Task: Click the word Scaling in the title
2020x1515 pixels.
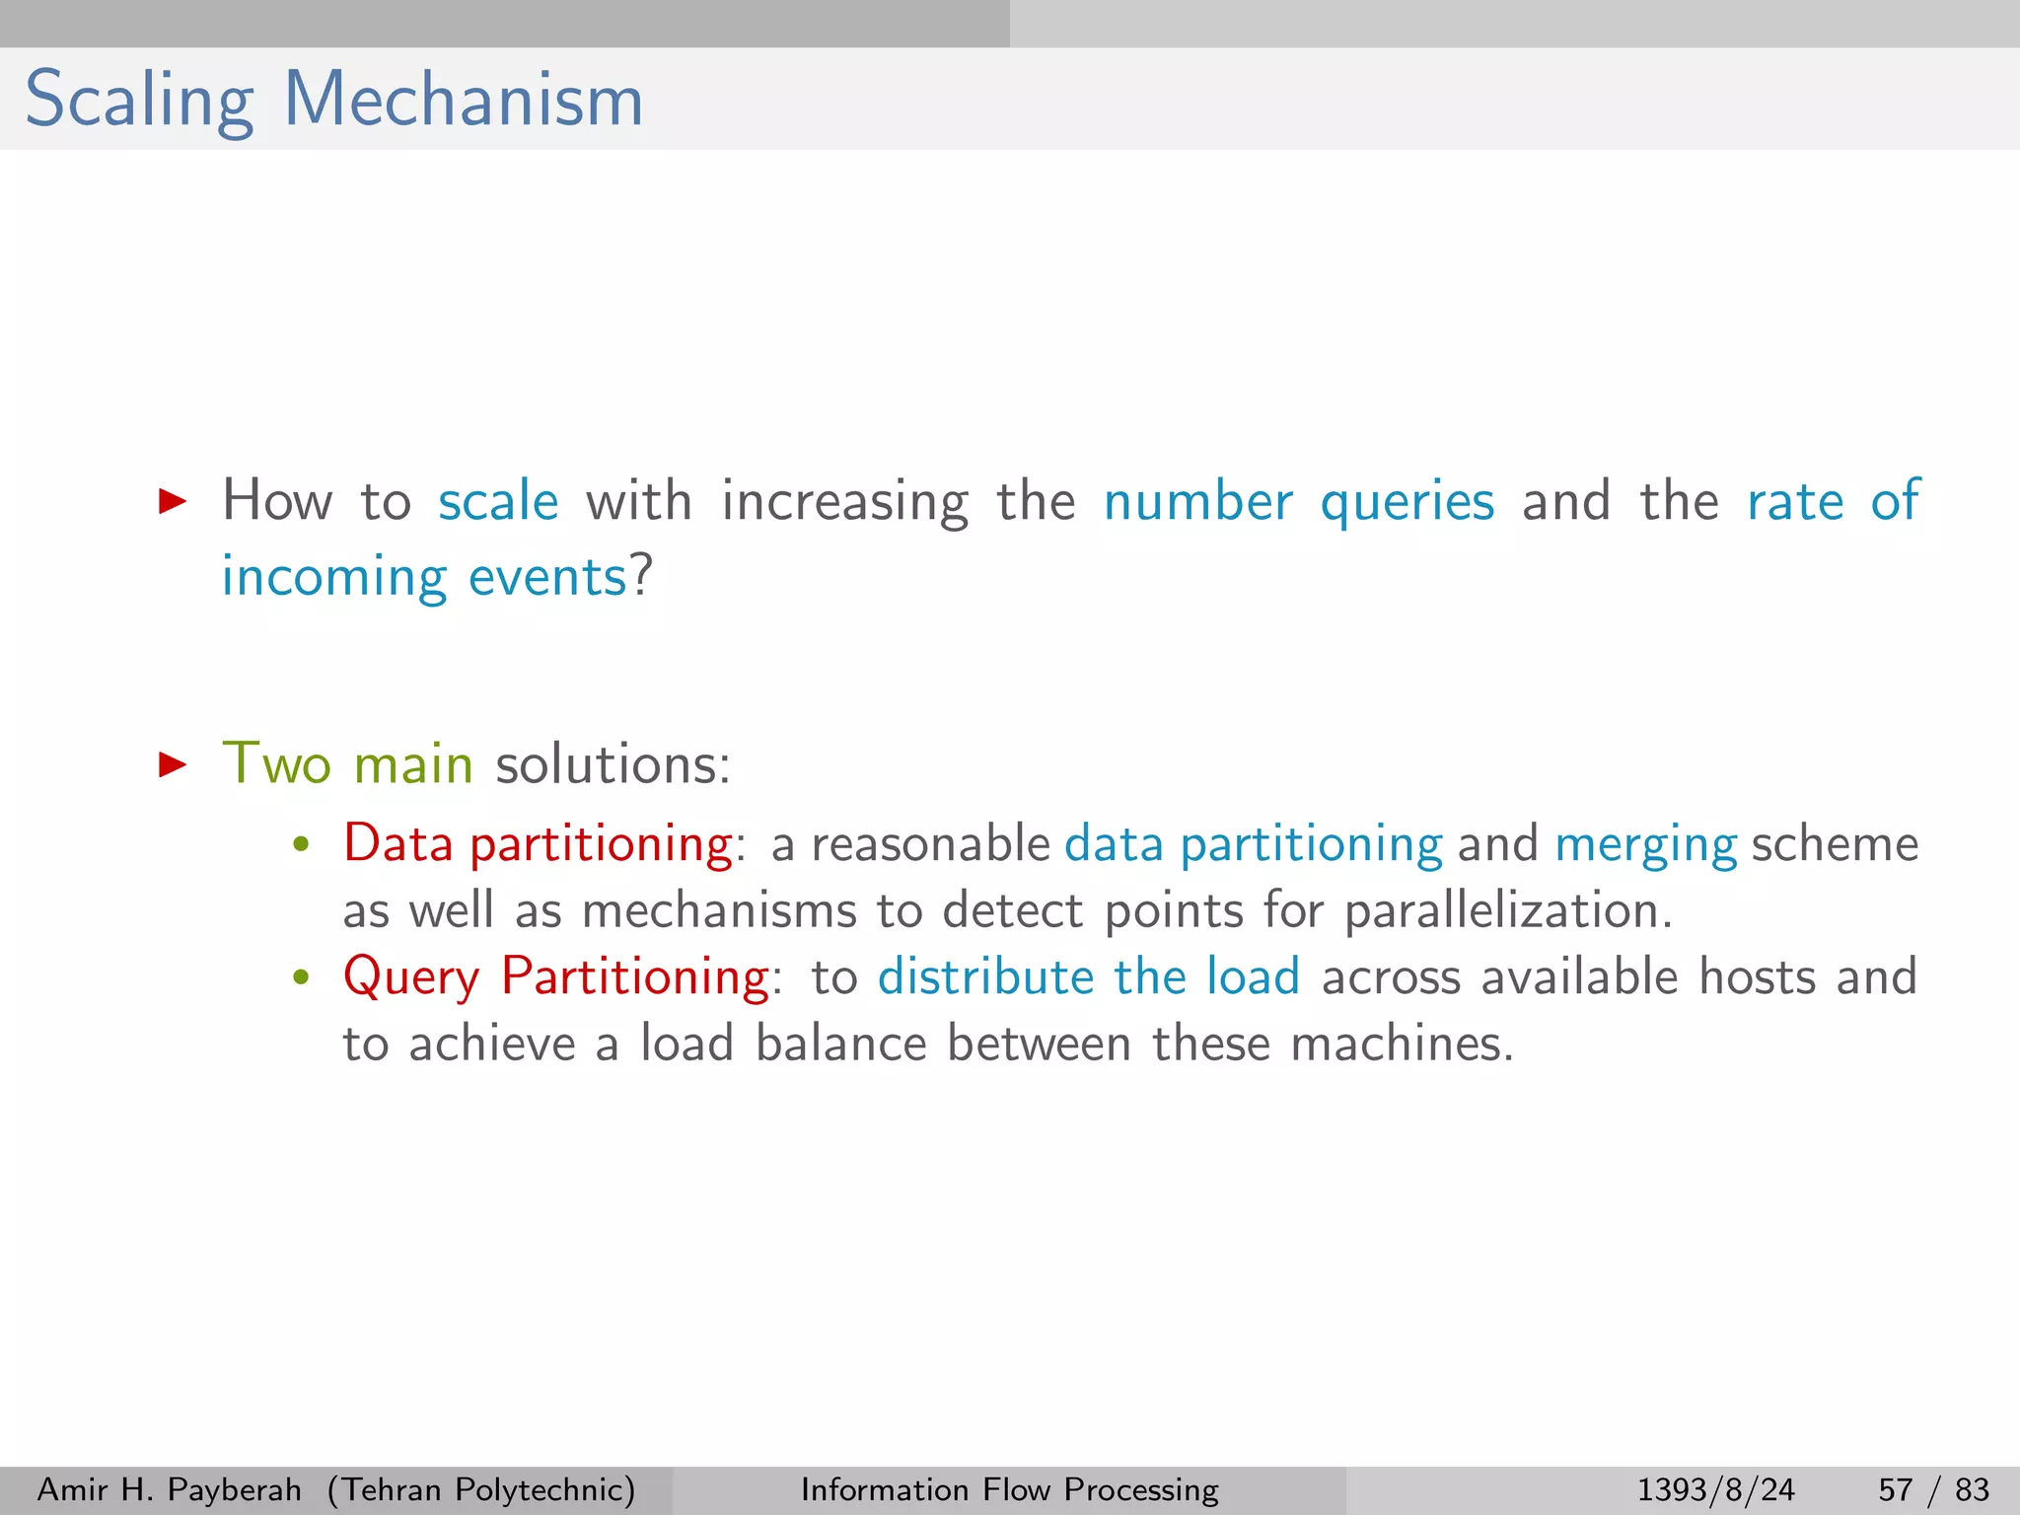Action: pyautogui.click(x=139, y=101)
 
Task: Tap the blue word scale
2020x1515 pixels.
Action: pyautogui.click(x=498, y=501)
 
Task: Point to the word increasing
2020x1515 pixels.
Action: pyautogui.click(x=845, y=501)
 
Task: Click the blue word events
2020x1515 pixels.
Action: pyautogui.click(x=547, y=577)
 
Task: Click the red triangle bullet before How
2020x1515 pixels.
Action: pyautogui.click(x=173, y=501)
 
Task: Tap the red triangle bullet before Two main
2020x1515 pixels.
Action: pyautogui.click(x=173, y=764)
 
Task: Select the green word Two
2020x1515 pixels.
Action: pyautogui.click(x=276, y=764)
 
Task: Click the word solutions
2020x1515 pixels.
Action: pyautogui.click(x=612, y=764)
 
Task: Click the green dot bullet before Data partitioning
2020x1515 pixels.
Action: pyautogui.click(x=302, y=845)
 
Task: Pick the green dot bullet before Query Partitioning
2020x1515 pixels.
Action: pyautogui.click(x=302, y=978)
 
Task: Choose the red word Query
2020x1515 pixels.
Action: pyautogui.click(x=411, y=978)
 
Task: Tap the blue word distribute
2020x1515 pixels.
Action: pyautogui.click(x=985, y=976)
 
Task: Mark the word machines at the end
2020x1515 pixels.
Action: pyautogui.click(x=1401, y=1044)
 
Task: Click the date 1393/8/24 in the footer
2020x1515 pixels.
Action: pyautogui.click(x=1715, y=1489)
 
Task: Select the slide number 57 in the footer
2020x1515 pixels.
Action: pyautogui.click(x=1895, y=1489)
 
